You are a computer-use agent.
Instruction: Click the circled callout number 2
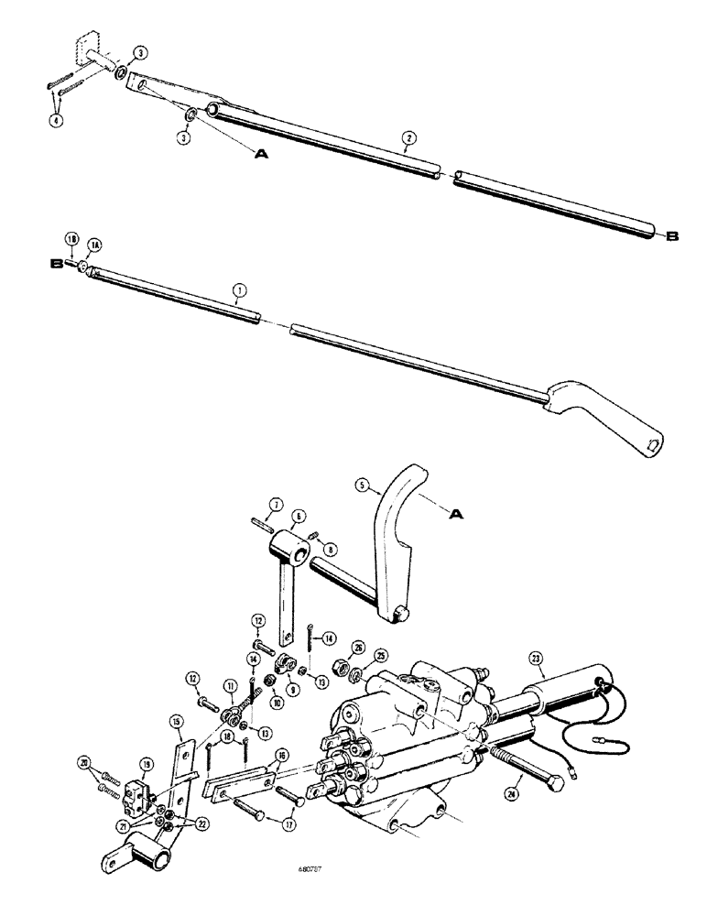pos(410,138)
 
